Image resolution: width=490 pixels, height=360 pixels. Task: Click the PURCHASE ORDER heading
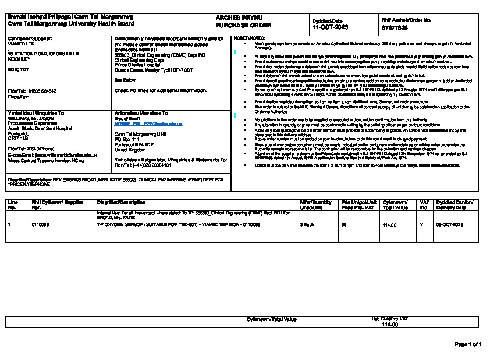[x=235, y=26]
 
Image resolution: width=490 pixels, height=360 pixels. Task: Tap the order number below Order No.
[x=394, y=27]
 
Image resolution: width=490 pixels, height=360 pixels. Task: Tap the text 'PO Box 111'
[x=127, y=139]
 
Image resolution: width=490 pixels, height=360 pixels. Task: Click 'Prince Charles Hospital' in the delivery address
[x=138, y=65]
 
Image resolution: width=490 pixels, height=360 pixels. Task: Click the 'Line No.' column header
[x=12, y=204]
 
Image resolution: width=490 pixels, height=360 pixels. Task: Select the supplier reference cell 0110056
[x=40, y=224]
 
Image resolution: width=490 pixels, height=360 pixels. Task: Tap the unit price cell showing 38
[x=343, y=224]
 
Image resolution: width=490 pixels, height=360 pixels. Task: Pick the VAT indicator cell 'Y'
[x=421, y=224]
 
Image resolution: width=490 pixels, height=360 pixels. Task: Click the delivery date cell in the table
[x=449, y=224]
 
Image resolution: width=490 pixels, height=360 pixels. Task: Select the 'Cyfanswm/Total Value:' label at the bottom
[x=272, y=320]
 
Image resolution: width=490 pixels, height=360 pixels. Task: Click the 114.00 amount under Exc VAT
[x=389, y=324]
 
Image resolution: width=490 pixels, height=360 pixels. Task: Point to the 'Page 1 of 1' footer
[x=467, y=344]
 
